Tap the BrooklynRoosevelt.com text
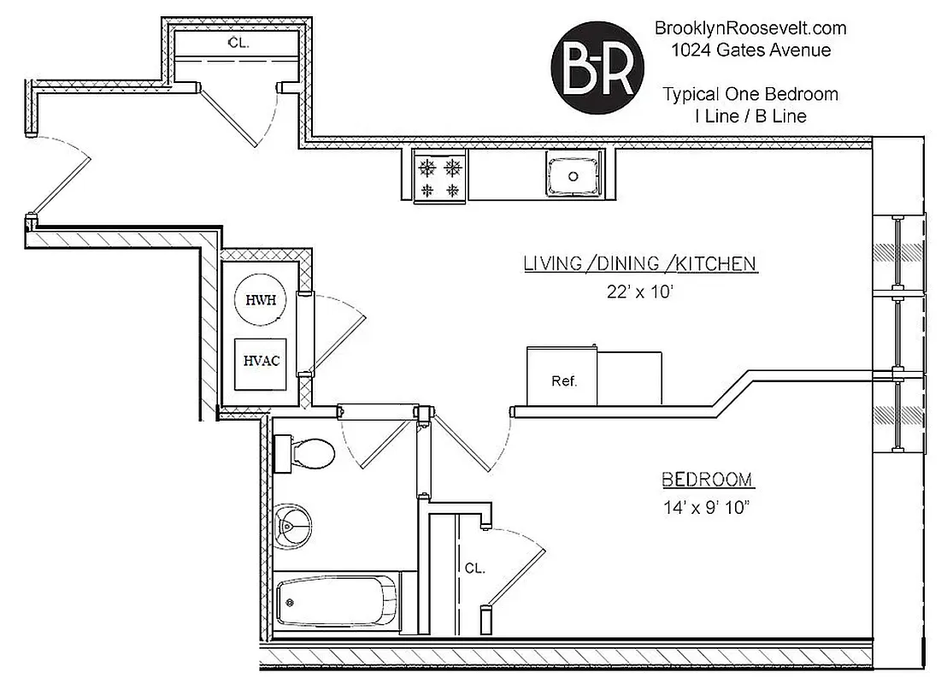pyautogui.click(x=750, y=28)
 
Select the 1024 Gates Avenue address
pyautogui.click(x=750, y=50)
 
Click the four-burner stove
pyautogui.click(x=439, y=176)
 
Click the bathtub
pyautogui.click(x=337, y=601)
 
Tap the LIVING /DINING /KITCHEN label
pyautogui.click(x=640, y=263)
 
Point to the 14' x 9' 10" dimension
pyautogui.click(x=706, y=507)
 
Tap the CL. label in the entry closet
pyautogui.click(x=238, y=42)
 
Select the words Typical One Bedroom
pyautogui.click(x=750, y=94)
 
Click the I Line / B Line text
pyautogui.click(x=750, y=116)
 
